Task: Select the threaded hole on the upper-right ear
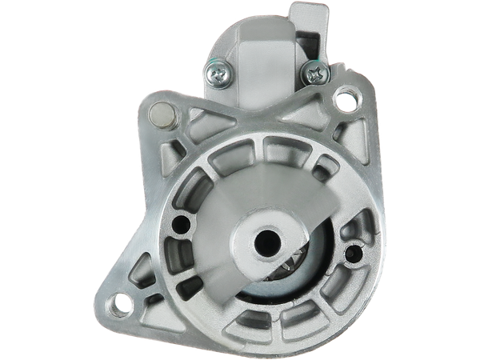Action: (346, 101)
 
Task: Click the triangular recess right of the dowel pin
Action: (196, 118)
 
